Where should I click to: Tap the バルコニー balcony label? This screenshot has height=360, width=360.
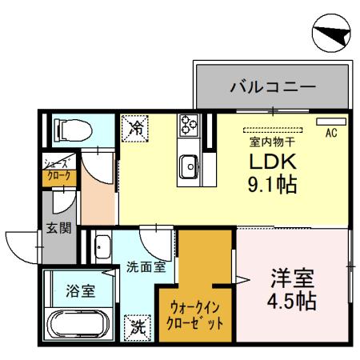(272, 86)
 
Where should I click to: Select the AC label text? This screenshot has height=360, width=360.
(330, 134)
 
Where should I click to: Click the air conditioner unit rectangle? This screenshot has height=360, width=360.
(328, 122)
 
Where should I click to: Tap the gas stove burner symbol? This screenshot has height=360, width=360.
(190, 123)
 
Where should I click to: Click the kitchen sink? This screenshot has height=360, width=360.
(190, 166)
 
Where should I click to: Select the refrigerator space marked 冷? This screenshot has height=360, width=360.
(135, 126)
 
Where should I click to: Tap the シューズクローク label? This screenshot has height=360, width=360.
(58, 171)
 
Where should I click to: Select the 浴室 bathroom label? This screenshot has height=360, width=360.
(79, 291)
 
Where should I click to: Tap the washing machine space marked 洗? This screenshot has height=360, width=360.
(138, 326)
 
